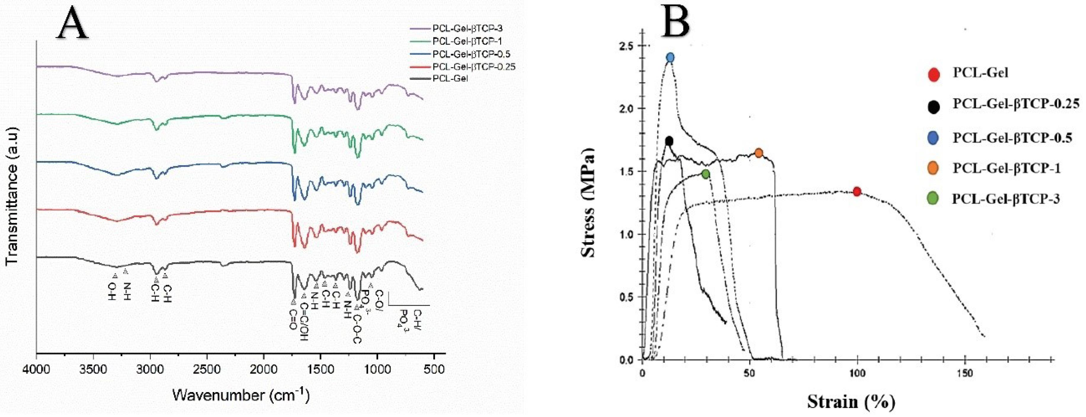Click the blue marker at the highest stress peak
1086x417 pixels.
(x=670, y=58)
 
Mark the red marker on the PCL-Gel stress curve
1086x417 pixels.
(x=857, y=192)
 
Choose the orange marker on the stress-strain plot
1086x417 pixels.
(x=758, y=153)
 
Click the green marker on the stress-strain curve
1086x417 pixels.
(x=706, y=174)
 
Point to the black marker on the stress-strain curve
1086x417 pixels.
(x=669, y=141)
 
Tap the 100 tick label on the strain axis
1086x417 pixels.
(x=857, y=373)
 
